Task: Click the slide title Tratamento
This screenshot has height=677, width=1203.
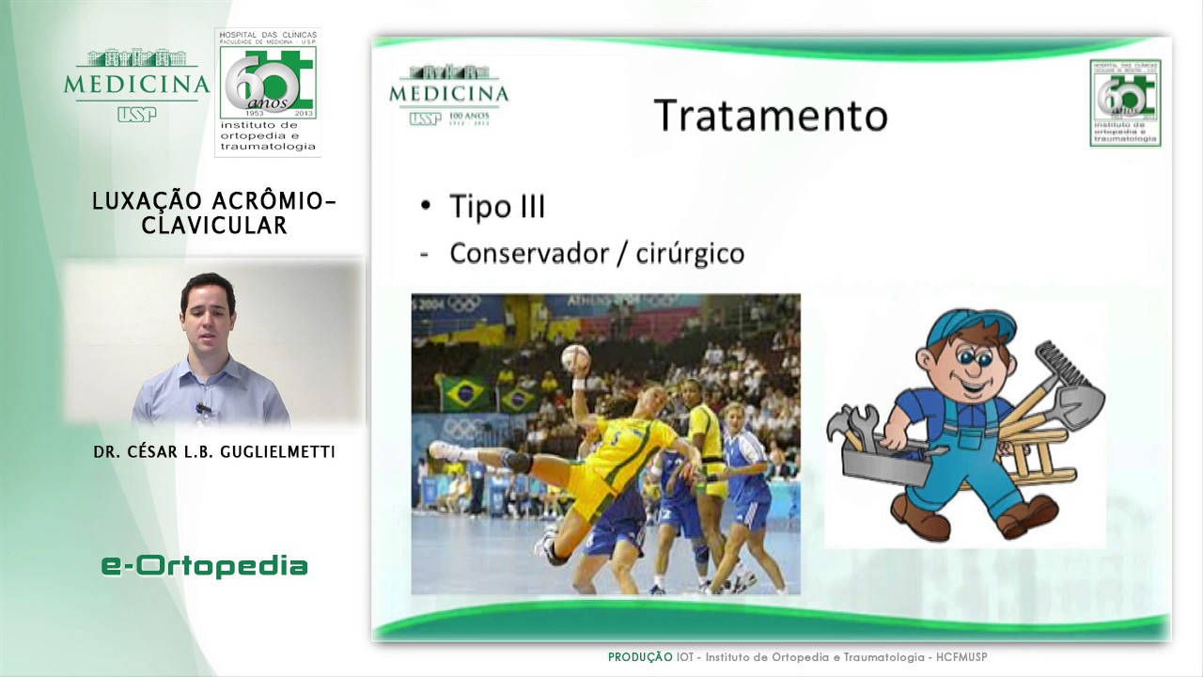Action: point(770,115)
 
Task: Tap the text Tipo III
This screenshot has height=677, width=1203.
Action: point(497,206)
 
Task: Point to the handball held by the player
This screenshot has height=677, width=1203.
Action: point(575,358)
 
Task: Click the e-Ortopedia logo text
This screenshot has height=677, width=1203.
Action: point(205,565)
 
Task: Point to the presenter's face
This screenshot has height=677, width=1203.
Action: point(208,316)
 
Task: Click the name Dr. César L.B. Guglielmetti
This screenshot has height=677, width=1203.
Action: point(214,452)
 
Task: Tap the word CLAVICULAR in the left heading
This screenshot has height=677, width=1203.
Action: point(214,226)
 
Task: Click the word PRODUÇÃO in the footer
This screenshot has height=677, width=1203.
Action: point(639,657)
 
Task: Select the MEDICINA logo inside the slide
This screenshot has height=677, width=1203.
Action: point(448,93)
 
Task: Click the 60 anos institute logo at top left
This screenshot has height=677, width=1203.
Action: point(268,91)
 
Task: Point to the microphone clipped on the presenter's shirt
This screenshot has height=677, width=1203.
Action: point(202,409)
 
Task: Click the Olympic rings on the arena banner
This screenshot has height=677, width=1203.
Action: point(464,304)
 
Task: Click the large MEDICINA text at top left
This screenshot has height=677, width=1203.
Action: point(137,85)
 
